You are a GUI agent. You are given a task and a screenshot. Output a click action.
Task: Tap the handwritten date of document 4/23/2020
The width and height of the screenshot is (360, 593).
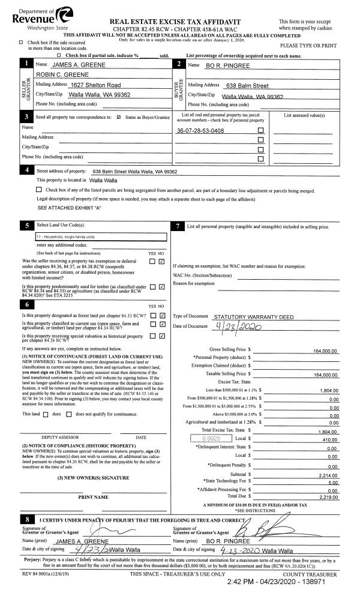coord(237,327)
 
